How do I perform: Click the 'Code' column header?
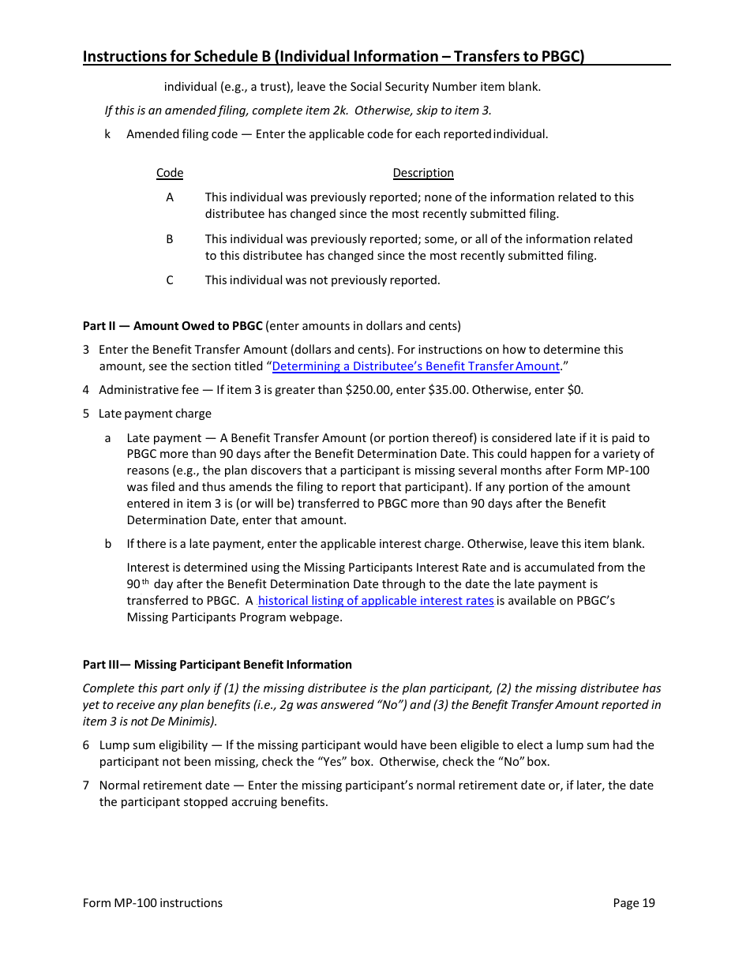(x=170, y=173)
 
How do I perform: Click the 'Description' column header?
(x=423, y=173)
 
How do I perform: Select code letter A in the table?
(x=170, y=197)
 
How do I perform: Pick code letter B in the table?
(x=170, y=238)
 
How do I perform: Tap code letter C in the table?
(x=170, y=280)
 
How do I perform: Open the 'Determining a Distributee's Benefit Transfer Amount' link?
(x=415, y=366)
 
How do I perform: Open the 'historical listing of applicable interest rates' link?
(x=376, y=601)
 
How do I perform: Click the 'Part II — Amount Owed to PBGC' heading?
(x=173, y=325)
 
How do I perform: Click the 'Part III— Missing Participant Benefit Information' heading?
(x=217, y=665)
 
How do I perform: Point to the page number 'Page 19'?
(x=634, y=903)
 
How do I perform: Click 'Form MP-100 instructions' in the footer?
(x=152, y=903)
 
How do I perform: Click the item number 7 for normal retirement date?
(x=86, y=785)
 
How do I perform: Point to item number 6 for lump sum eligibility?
(x=86, y=745)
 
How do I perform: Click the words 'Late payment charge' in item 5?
(x=155, y=414)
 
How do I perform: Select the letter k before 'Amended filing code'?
(x=107, y=134)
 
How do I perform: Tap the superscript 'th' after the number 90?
(x=145, y=583)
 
